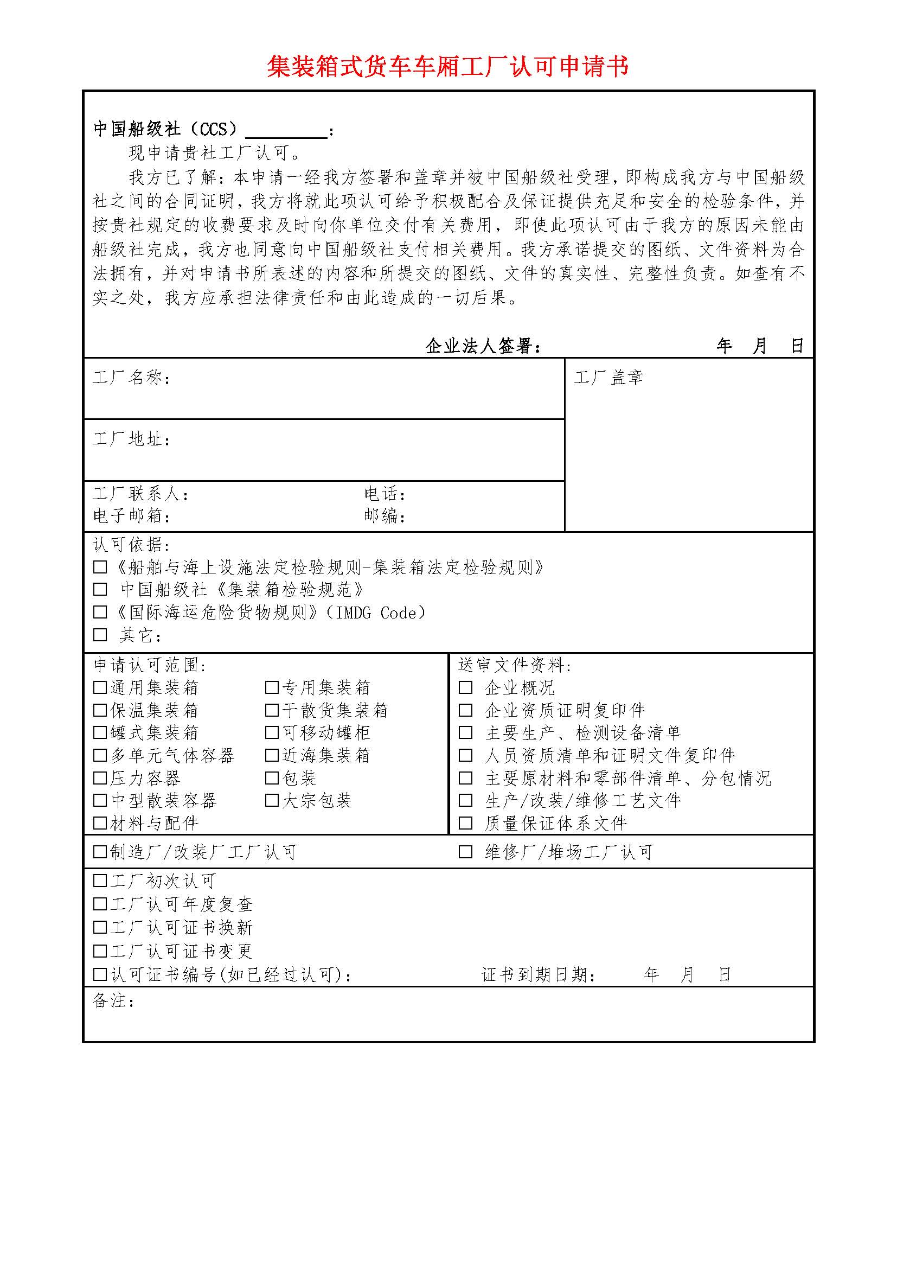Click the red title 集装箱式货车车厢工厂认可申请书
point(448,66)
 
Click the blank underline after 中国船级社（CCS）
point(286,132)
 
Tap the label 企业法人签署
point(483,347)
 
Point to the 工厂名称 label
point(131,378)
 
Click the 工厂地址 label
point(131,439)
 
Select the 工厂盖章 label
point(608,378)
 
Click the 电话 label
point(385,494)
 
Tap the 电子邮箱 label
point(131,516)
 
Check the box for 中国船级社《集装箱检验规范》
point(100,590)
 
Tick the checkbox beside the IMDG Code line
point(100,613)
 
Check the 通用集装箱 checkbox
point(100,687)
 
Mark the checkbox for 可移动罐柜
point(272,733)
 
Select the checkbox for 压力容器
point(100,778)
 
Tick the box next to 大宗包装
point(272,800)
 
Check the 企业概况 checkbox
point(466,687)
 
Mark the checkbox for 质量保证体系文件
point(466,823)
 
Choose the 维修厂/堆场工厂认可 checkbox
point(466,852)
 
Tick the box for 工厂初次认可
point(100,881)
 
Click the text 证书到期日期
point(538,975)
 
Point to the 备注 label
point(113,1000)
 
